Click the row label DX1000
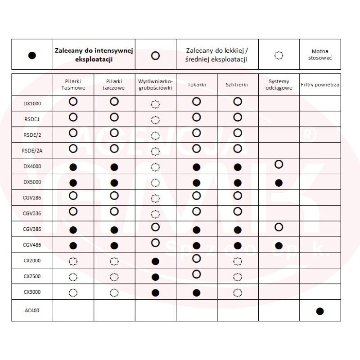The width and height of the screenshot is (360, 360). (32, 103)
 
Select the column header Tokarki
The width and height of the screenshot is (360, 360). (196, 84)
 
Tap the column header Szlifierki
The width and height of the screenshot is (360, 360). (237, 84)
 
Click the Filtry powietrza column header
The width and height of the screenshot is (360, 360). (320, 84)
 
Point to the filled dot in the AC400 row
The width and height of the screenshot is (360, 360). (320, 311)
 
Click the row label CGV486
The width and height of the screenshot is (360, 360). (32, 245)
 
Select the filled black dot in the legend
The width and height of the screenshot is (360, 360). (32, 55)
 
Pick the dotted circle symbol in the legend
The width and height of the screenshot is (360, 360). (279, 56)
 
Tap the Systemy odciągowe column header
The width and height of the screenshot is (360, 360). (279, 85)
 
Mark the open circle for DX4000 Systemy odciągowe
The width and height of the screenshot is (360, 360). (279, 164)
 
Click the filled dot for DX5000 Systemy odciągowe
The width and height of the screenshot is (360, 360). (279, 183)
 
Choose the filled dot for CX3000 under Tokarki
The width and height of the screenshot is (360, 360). (196, 292)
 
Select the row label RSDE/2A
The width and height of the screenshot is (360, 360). (32, 151)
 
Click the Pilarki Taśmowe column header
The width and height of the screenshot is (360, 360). (73, 85)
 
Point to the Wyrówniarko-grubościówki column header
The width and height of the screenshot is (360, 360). (155, 85)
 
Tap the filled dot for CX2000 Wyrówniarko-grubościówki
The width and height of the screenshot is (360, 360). (155, 261)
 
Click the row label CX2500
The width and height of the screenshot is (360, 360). (32, 276)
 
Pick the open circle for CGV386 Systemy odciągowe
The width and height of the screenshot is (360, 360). (279, 227)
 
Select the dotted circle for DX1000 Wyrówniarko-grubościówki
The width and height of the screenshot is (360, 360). (155, 104)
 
